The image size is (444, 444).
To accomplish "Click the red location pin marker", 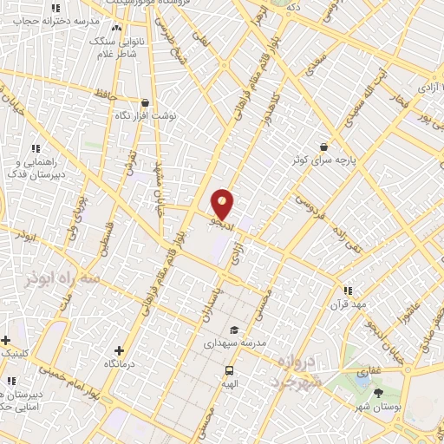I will pyautogui.click(x=223, y=202).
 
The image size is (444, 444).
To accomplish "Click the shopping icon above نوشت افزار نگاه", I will pyautogui.click(x=144, y=102).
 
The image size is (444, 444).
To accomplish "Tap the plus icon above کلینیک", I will pyautogui.click(x=6, y=339).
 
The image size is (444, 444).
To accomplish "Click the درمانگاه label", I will pyautogui.click(x=119, y=365).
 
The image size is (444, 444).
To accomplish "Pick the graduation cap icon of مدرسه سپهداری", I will pyautogui.click(x=234, y=330).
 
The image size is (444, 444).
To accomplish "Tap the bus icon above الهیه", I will pyautogui.click(x=230, y=369).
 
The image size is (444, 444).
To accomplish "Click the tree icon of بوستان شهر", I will pyautogui.click(x=378, y=394).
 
